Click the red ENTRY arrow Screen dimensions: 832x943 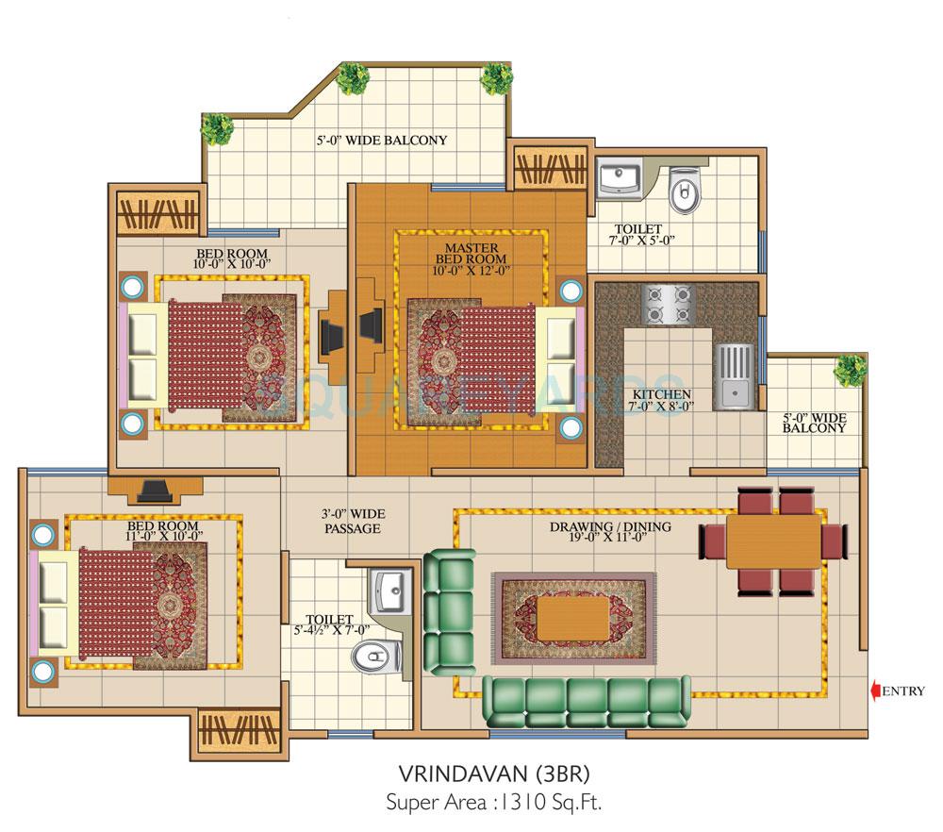click(875, 691)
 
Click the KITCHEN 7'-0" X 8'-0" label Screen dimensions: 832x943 click(662, 400)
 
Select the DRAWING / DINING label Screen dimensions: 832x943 click(610, 532)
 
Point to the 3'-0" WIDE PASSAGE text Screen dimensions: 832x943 click(352, 521)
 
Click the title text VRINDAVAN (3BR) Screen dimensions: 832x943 click(493, 774)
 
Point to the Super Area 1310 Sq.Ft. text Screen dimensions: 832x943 click(493, 804)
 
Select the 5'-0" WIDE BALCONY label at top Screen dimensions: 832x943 click(381, 141)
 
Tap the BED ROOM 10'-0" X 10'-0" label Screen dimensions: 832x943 click(232, 258)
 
